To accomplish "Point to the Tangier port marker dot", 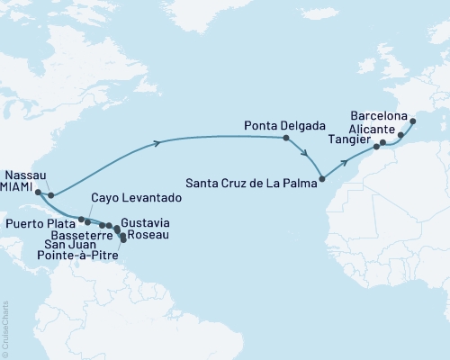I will click(377, 147).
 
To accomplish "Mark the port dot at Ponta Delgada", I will click(286, 139).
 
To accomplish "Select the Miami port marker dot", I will click(38, 192).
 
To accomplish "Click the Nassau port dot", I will click(51, 194).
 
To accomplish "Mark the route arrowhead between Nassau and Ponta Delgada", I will click(158, 142).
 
